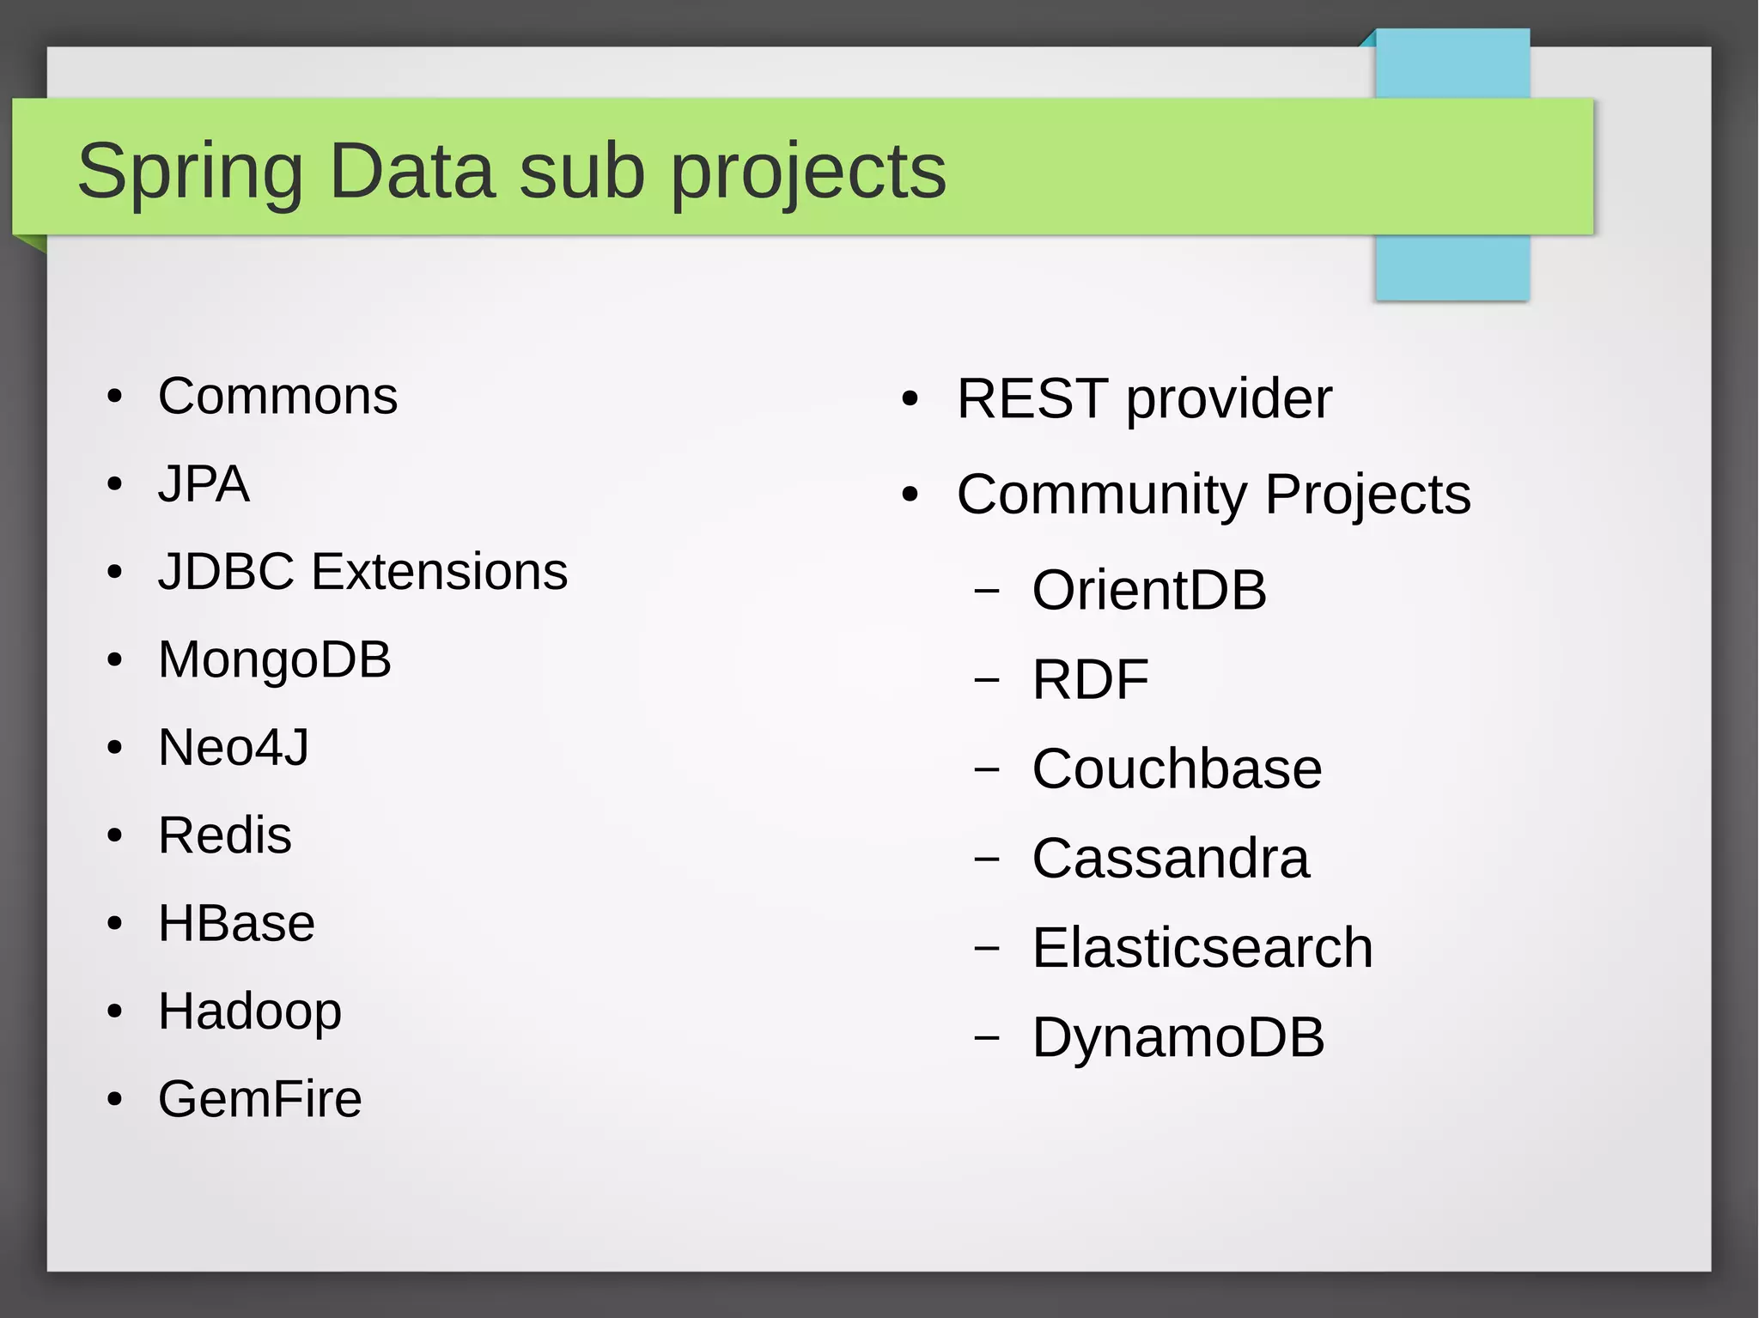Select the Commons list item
pos(277,397)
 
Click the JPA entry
pos(204,484)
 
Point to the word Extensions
pos(439,572)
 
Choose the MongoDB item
pos(275,659)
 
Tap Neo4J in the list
pos(234,747)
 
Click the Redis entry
pos(225,835)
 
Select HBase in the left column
pos(236,924)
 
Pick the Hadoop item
pos(250,1011)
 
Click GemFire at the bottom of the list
pos(259,1099)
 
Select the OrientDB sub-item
pos(1149,591)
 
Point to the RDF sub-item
pos(1090,680)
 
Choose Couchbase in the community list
pos(1177,768)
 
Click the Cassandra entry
pos(1171,858)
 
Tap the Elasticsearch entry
pos(1202,948)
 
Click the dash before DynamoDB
pos(987,1038)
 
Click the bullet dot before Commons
pos(115,398)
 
